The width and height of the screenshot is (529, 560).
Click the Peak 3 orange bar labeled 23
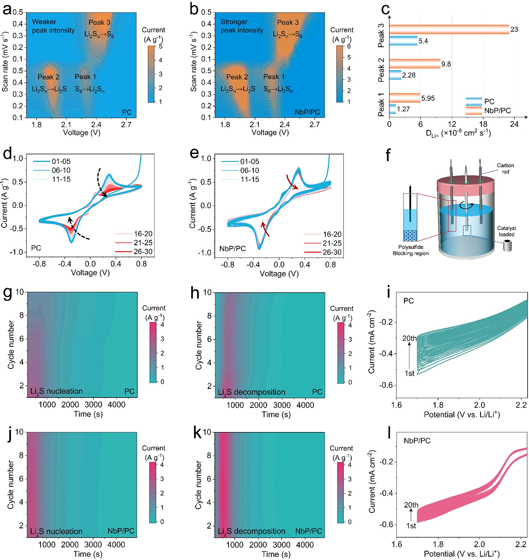pyautogui.click(x=449, y=30)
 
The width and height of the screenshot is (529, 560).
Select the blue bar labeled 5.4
pyautogui.click(x=403, y=41)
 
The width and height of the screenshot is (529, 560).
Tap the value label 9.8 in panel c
pyautogui.click(x=446, y=64)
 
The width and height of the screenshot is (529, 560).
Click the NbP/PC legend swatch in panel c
pyautogui.click(x=474, y=111)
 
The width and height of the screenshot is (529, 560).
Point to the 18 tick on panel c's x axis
pyautogui.click(x=483, y=124)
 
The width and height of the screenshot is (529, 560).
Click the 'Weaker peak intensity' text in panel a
pyautogui.click(x=53, y=26)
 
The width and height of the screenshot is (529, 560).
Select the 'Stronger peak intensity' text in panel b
pyautogui.click(x=242, y=26)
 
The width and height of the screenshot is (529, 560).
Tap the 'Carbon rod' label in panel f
pyautogui.click(x=505, y=168)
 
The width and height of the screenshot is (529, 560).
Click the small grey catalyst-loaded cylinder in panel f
pyautogui.click(x=507, y=246)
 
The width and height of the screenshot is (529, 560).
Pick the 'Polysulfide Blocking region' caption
pyautogui.click(x=411, y=250)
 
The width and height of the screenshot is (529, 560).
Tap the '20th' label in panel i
pyautogui.click(x=409, y=338)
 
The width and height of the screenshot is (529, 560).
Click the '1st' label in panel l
pyautogui.click(x=411, y=526)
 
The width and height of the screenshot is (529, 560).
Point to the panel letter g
pyautogui.click(x=8, y=293)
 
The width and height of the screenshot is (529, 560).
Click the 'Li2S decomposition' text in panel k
pyautogui.click(x=251, y=531)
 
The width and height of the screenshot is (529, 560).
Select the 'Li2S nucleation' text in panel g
pyautogui.click(x=56, y=391)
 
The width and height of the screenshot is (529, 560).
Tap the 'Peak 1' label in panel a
pyautogui.click(x=85, y=77)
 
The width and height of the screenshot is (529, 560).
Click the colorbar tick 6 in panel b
pyautogui.click(x=349, y=46)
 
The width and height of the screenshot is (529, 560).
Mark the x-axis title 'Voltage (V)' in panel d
pyautogui.click(x=90, y=272)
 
